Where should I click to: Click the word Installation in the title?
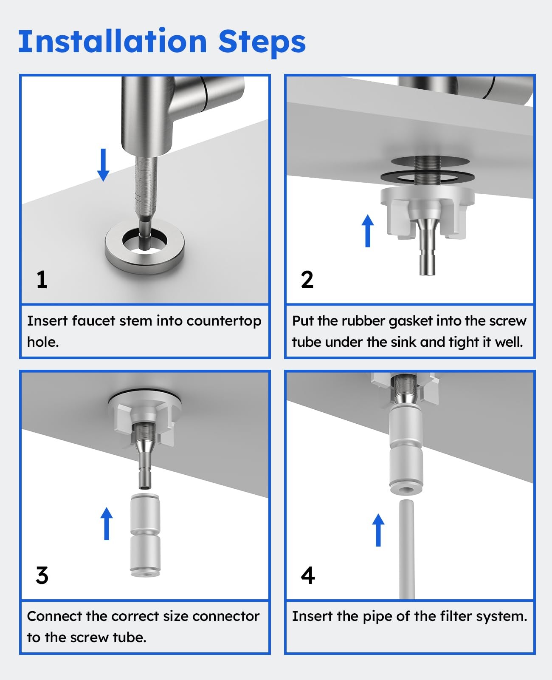coord(113,41)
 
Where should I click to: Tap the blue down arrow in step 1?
coord(103,165)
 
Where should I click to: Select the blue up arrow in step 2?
coord(368,231)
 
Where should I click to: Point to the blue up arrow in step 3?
coord(107,524)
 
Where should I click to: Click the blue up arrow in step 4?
coord(378,530)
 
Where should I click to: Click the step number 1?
coord(42,280)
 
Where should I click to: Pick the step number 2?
coord(307,280)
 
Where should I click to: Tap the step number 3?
coord(42,575)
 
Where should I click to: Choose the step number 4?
coord(308,575)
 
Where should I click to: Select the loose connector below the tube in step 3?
coord(145,535)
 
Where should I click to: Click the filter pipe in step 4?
coord(407,549)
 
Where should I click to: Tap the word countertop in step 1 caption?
coord(224,321)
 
